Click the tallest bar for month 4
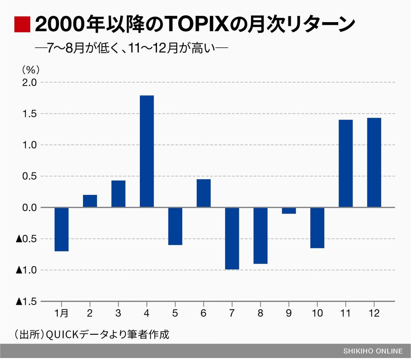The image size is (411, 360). (x=147, y=151)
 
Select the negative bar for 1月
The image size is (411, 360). (x=61, y=229)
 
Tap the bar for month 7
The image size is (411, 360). (x=232, y=238)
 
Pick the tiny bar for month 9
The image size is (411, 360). (x=289, y=211)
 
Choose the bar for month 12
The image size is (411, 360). (x=374, y=163)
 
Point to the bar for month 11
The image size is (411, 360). (x=345, y=163)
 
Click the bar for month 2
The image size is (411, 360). (x=90, y=201)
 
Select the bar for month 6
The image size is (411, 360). (x=204, y=193)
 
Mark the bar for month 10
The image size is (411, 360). (x=317, y=228)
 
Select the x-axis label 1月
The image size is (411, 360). (x=61, y=313)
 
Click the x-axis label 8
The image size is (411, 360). (x=260, y=313)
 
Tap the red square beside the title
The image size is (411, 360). (x=22, y=24)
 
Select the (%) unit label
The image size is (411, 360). (x=30, y=69)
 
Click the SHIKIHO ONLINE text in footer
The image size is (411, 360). (x=373, y=351)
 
